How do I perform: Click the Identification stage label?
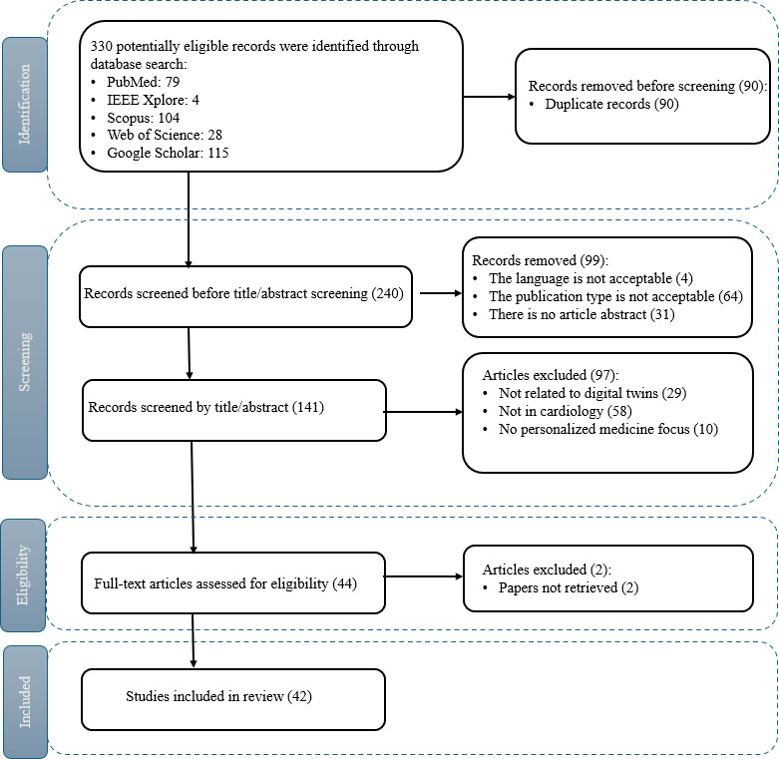point(24,105)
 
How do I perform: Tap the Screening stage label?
point(24,362)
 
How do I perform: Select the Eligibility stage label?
point(23,575)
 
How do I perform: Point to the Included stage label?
point(24,702)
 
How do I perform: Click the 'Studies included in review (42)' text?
point(218,696)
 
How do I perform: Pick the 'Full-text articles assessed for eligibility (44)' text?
point(225,583)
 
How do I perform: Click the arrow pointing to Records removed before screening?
point(490,97)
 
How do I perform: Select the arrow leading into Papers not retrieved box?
point(424,576)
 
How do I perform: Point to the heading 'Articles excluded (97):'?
point(551,375)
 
